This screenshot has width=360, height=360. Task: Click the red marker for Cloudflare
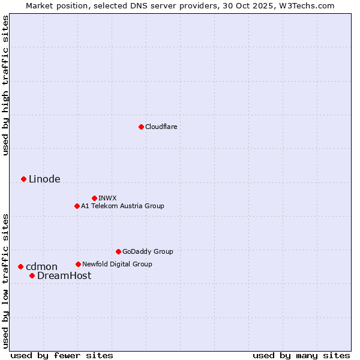141,127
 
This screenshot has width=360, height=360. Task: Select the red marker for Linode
23,179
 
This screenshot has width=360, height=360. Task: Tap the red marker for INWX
94,198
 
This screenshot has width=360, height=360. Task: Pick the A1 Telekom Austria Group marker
77,206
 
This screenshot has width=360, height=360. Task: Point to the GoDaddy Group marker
118,251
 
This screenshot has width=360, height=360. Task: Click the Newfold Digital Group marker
78,264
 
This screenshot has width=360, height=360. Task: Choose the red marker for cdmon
20,266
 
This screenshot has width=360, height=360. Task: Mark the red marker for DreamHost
32,275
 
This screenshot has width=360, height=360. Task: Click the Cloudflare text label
161,127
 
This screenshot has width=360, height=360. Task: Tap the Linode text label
44,179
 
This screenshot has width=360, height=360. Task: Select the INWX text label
108,198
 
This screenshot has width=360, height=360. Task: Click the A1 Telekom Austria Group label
122,206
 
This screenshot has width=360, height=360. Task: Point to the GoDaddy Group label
148,251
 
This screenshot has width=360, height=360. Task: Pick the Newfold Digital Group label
117,264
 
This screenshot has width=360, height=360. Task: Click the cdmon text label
41,266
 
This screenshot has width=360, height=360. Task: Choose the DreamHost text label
64,275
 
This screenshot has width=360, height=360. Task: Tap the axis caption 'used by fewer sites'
62,355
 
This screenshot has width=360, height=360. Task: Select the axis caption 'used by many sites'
301,355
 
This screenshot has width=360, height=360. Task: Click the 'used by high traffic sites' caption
6,85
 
